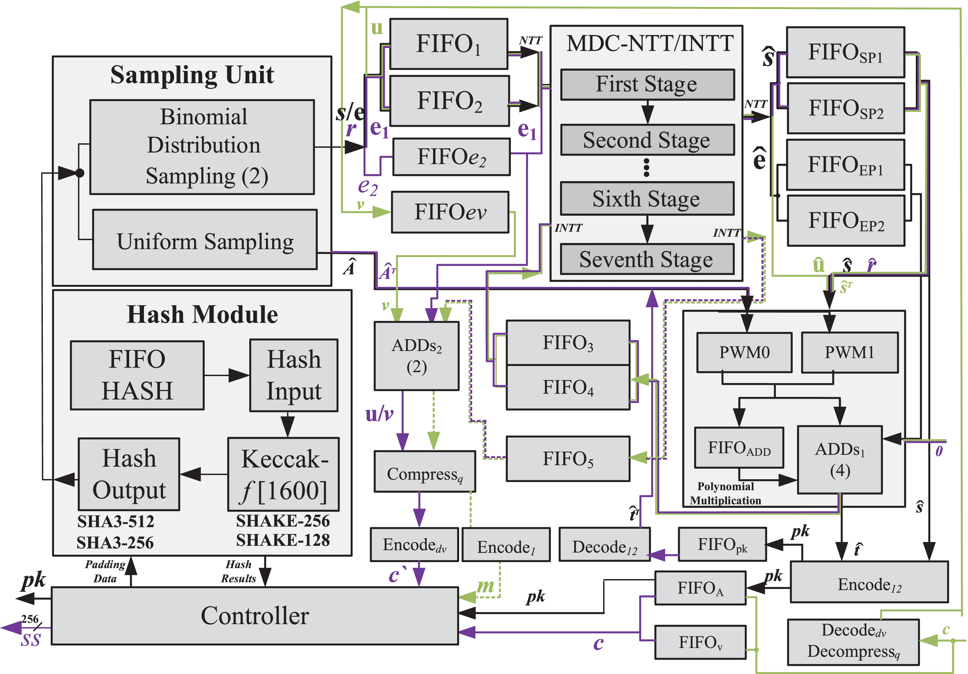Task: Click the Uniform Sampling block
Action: [205, 240]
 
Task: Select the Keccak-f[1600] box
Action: [283, 474]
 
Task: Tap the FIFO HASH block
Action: [137, 375]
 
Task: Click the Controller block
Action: [255, 615]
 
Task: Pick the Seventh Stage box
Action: [647, 259]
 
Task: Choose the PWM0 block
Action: [744, 352]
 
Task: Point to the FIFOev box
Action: [450, 212]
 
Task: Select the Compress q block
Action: [425, 471]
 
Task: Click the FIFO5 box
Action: [568, 458]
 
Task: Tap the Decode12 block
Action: [604, 545]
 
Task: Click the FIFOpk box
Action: [722, 544]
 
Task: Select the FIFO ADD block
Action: [739, 448]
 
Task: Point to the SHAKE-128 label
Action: [283, 540]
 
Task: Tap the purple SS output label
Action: [31, 640]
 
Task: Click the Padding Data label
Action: [105, 571]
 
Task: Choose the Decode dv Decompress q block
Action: [853, 641]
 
